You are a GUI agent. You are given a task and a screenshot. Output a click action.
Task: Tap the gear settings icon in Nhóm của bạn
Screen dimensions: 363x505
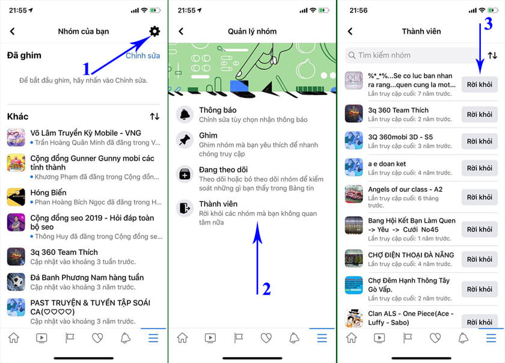click(x=155, y=31)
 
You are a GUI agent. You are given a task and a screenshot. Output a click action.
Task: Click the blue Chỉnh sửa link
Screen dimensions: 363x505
click(x=142, y=56)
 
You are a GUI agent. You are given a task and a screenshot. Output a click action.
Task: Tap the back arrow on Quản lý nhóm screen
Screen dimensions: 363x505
click(x=181, y=31)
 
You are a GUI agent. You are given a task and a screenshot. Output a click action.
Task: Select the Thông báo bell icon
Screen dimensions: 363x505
click(x=184, y=114)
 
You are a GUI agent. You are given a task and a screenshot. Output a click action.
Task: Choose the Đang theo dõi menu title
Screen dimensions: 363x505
click(x=223, y=170)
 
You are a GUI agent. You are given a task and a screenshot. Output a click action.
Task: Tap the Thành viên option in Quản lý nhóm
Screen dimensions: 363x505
click(x=218, y=204)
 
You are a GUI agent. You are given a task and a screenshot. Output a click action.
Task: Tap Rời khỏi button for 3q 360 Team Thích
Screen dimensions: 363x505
click(x=479, y=114)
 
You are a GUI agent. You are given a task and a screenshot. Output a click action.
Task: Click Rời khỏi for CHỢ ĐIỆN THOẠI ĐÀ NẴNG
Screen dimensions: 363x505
click(x=479, y=259)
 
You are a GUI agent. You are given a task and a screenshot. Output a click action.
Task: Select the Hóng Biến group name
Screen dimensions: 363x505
click(x=48, y=193)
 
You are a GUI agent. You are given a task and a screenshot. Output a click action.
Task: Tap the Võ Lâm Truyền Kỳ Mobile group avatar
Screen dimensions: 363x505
click(x=16, y=137)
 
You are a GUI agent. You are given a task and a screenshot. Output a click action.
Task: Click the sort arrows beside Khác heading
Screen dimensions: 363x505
click(x=155, y=116)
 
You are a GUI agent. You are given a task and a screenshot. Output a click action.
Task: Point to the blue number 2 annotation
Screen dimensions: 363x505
click(x=266, y=289)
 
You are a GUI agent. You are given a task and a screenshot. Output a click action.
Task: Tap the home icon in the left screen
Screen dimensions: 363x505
click(x=14, y=338)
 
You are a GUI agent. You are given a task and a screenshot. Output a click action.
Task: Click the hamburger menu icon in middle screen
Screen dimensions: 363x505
click(x=322, y=338)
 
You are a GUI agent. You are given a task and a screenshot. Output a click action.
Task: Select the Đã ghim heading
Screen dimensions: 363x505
click(x=24, y=55)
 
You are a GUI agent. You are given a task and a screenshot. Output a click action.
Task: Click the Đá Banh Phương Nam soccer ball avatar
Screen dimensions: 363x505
click(x=16, y=282)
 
